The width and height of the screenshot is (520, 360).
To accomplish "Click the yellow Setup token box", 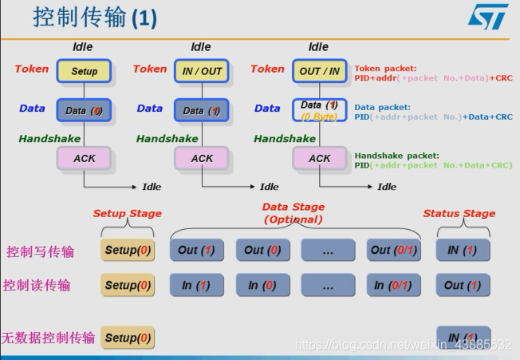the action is [84, 70].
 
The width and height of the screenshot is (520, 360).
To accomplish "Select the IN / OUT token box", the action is [201, 70].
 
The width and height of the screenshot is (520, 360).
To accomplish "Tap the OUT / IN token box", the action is [319, 70].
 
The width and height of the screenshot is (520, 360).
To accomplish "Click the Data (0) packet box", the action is [84, 110].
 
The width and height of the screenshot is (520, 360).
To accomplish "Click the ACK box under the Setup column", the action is [84, 158].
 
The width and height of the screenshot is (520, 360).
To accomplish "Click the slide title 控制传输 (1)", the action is [95, 18].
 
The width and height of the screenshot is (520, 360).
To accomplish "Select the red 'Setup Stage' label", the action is [127, 213].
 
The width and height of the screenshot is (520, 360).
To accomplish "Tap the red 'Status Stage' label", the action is [459, 213].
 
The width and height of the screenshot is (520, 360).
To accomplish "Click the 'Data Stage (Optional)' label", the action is [293, 212].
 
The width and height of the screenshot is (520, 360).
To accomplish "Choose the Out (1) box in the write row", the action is [196, 250].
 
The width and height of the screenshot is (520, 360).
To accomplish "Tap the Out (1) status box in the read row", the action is [463, 285].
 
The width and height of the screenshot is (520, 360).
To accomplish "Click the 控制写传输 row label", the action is [40, 251].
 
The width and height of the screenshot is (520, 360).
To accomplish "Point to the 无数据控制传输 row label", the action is [49, 338].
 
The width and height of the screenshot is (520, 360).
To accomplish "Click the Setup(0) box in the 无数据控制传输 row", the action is [127, 338].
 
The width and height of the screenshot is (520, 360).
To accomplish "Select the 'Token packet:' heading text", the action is [385, 69].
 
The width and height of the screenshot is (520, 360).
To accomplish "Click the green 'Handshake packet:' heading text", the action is [396, 156].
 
